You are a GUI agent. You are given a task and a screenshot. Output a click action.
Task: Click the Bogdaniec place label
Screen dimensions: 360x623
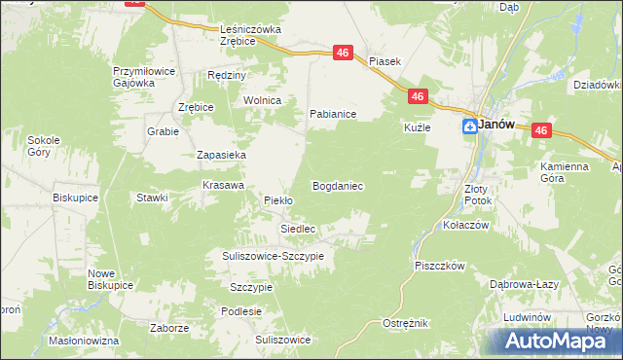pos(337,185)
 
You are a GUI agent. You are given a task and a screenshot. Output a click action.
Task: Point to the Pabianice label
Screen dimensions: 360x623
pos(333,114)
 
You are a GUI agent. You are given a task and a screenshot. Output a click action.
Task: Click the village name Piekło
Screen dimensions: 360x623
pos(278,200)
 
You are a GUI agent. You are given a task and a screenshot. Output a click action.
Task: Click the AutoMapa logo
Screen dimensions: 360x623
pos(552,340)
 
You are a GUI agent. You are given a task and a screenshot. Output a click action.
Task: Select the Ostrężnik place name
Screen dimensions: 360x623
pos(405,322)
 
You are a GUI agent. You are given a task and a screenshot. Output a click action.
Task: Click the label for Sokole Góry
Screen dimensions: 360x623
pos(45,146)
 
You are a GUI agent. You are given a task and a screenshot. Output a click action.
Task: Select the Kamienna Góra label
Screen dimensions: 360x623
pos(566,172)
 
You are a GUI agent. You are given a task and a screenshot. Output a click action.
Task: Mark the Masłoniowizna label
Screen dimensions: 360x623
pos(84,341)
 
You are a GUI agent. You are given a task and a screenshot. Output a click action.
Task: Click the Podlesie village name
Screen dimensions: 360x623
pos(241,311)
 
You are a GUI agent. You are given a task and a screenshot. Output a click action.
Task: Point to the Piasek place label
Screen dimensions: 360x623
pos(385,60)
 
